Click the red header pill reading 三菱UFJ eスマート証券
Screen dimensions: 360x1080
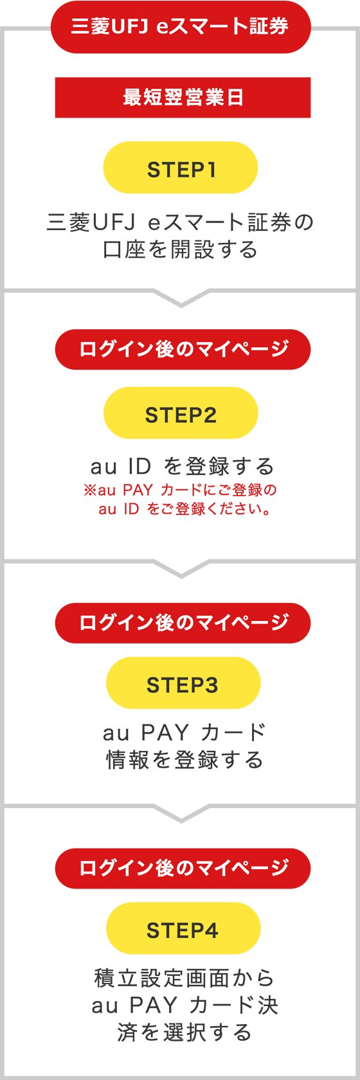[x=181, y=27]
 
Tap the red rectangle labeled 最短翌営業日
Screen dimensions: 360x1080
[x=183, y=98]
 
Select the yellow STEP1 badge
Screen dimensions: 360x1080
[x=181, y=168]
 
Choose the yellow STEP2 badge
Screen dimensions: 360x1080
[x=181, y=413]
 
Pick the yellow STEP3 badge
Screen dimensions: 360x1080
[x=183, y=683]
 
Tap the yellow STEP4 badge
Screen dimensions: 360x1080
[x=183, y=928]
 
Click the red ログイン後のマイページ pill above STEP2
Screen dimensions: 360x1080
[x=183, y=350]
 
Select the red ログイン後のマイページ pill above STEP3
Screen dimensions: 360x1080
[x=183, y=623]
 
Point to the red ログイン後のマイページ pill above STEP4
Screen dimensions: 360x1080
[x=183, y=869]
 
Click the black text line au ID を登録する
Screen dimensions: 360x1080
[x=183, y=466]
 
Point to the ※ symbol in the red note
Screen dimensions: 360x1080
[x=89, y=491]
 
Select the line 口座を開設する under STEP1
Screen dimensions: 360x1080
[x=181, y=249]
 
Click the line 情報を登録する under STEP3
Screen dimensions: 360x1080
[x=184, y=759]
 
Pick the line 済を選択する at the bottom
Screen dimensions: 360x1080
[x=184, y=1032]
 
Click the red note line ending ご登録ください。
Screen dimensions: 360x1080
[x=184, y=509]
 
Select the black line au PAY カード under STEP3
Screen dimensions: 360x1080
[x=184, y=732]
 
